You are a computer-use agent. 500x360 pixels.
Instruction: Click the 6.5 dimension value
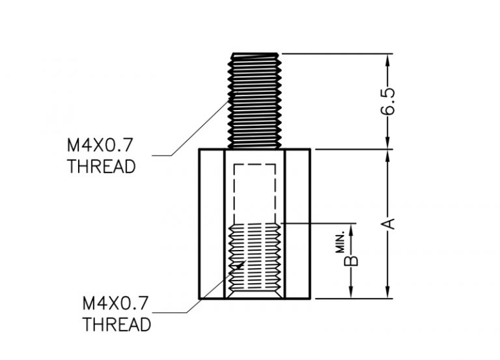click(x=388, y=101)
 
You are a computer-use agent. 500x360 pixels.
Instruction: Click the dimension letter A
click(x=388, y=223)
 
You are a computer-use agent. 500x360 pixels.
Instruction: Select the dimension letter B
click(x=351, y=261)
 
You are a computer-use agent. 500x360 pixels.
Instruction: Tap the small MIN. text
click(x=341, y=243)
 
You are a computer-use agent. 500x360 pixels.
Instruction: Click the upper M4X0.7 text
click(x=100, y=145)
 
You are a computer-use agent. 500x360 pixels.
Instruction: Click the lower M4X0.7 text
click(x=115, y=303)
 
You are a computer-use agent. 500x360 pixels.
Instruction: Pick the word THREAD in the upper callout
click(x=102, y=167)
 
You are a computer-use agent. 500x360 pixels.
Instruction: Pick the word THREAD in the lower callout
click(x=117, y=324)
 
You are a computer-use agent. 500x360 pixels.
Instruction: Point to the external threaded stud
click(x=255, y=101)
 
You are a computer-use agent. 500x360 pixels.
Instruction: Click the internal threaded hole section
click(x=255, y=260)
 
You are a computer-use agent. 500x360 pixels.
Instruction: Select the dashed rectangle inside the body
click(x=255, y=193)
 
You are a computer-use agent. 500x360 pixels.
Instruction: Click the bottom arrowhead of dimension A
click(x=388, y=292)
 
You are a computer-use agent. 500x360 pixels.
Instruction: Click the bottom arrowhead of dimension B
click(x=351, y=292)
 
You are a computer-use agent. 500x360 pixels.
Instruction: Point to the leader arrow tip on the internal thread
click(x=245, y=261)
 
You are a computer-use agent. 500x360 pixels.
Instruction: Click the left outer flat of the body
click(x=212, y=224)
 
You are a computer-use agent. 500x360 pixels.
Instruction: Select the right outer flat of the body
click(x=298, y=224)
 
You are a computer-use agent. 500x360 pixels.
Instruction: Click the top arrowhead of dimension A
click(x=388, y=156)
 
